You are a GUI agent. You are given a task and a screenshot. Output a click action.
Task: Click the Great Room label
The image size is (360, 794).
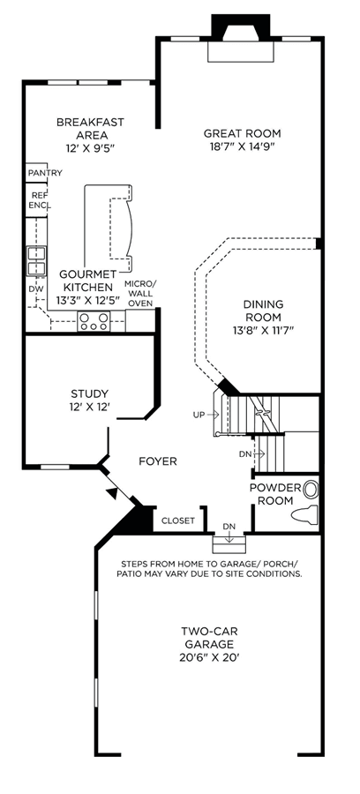click(x=242, y=134)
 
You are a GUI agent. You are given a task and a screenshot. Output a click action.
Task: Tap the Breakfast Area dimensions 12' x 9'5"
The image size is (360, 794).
click(x=90, y=148)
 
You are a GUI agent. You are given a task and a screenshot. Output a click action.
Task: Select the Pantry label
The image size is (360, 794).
click(x=45, y=173)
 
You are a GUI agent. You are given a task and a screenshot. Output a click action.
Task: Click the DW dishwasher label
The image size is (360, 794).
click(x=34, y=288)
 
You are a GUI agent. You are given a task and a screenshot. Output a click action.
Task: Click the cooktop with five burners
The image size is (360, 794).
click(x=94, y=321)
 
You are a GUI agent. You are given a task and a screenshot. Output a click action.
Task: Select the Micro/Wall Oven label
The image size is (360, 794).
click(x=141, y=293)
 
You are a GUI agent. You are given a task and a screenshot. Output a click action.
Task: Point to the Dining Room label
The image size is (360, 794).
click(x=263, y=311)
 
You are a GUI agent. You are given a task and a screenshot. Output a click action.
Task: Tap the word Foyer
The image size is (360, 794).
click(x=158, y=461)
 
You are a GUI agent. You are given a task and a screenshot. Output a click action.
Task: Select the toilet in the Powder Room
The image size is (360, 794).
click(x=304, y=514)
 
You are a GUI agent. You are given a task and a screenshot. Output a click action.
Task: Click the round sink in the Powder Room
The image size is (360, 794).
click(x=311, y=489)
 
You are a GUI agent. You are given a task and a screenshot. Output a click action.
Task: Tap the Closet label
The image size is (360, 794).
click(x=178, y=521)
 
